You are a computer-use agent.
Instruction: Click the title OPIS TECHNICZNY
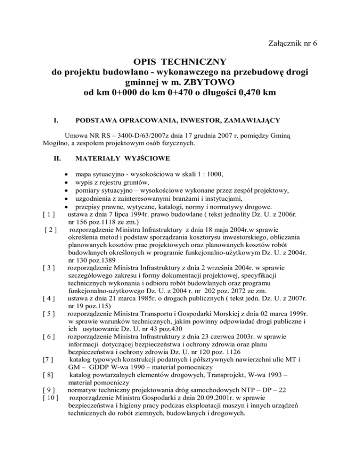[x=180, y=62]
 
